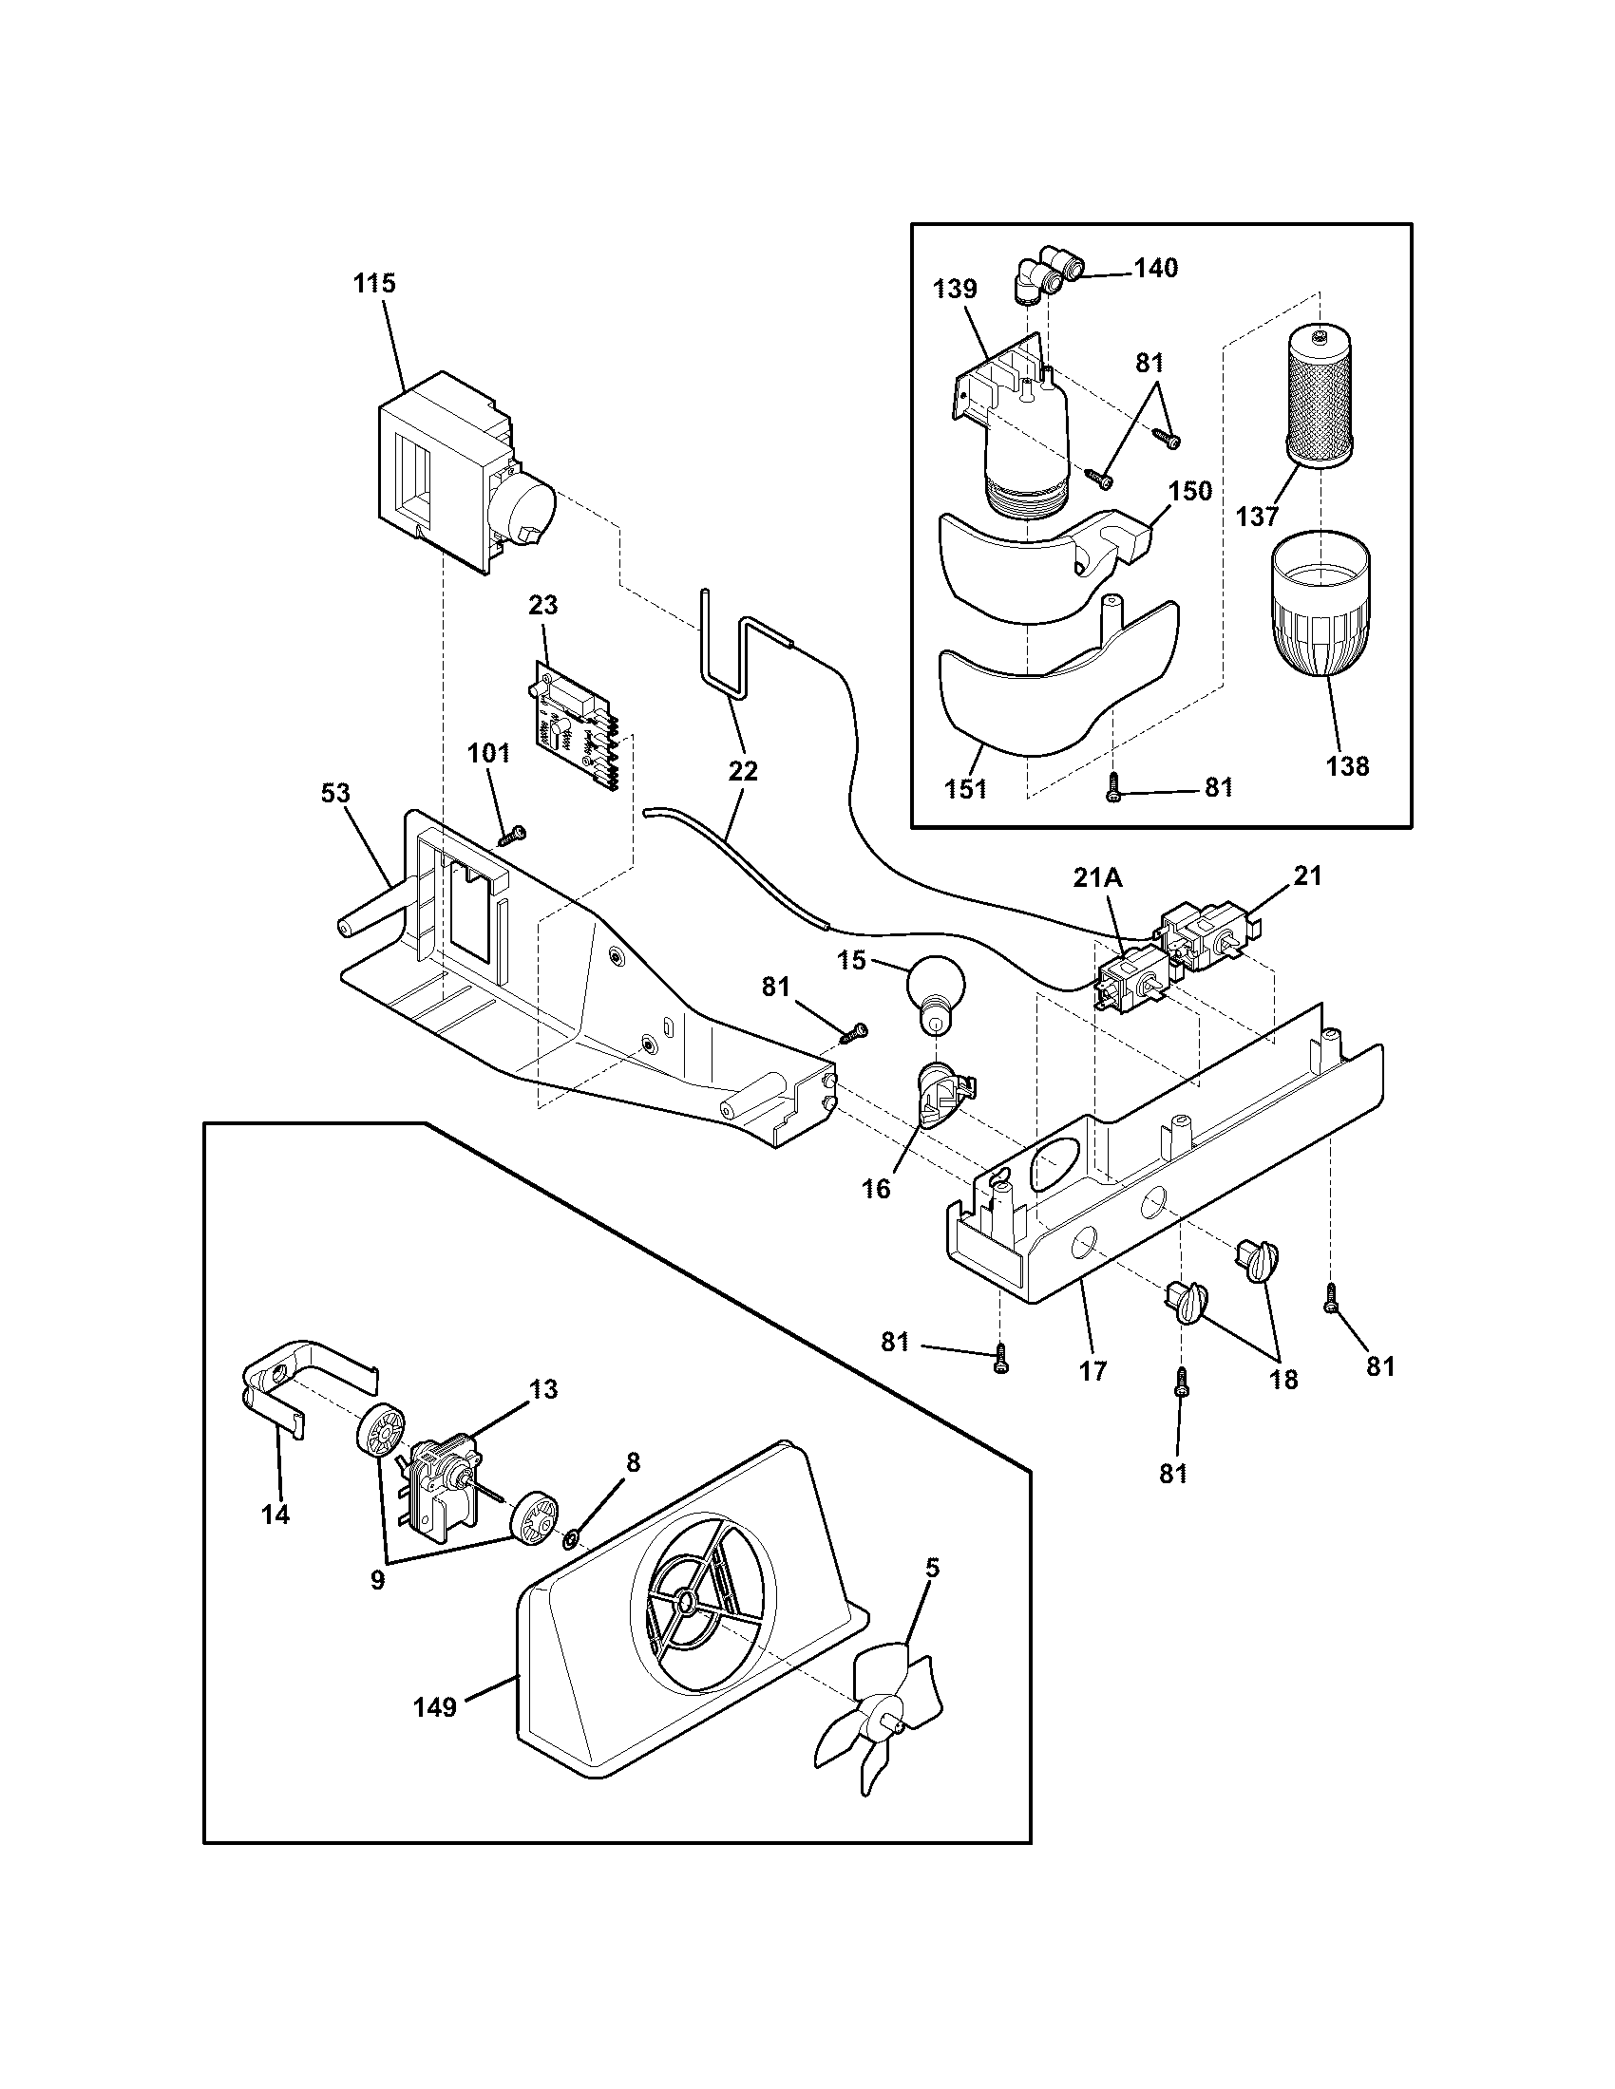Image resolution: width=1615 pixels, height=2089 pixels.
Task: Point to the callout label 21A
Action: pos(1097,878)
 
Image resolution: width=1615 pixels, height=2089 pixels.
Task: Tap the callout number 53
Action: pos(335,793)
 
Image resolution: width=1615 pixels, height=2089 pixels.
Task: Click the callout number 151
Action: pos(965,789)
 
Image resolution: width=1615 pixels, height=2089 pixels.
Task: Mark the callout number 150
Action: pos(1190,491)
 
